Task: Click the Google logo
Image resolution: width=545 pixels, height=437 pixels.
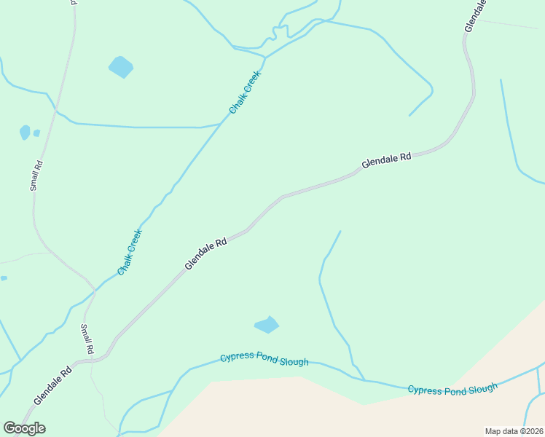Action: tap(24, 428)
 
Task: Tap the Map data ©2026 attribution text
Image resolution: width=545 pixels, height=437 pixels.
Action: tap(514, 431)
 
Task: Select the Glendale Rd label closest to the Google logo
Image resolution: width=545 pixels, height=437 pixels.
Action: tap(52, 385)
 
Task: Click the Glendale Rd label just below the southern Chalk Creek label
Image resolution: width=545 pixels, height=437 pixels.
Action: tap(205, 253)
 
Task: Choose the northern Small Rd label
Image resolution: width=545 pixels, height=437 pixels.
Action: tap(37, 176)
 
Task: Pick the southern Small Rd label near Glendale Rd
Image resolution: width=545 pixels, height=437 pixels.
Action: tap(87, 339)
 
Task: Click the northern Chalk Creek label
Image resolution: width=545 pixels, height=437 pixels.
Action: tap(245, 96)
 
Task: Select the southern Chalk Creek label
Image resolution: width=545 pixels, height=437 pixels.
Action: tap(130, 252)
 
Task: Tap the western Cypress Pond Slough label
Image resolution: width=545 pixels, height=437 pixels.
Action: tap(264, 359)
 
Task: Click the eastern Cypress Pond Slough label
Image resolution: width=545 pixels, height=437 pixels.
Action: tap(452, 389)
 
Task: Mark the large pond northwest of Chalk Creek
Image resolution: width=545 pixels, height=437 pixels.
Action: tap(121, 67)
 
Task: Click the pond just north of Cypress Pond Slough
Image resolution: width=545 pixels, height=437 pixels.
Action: tap(267, 325)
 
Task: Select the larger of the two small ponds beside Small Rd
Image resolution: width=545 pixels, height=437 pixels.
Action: tap(25, 132)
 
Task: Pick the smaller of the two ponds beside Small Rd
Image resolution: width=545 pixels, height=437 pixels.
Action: tap(36, 133)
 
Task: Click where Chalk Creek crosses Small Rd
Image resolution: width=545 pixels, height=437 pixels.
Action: tap(95, 291)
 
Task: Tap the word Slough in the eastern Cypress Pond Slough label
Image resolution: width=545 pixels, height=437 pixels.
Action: tap(482, 387)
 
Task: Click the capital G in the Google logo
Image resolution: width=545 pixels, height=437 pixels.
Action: tap(9, 428)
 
